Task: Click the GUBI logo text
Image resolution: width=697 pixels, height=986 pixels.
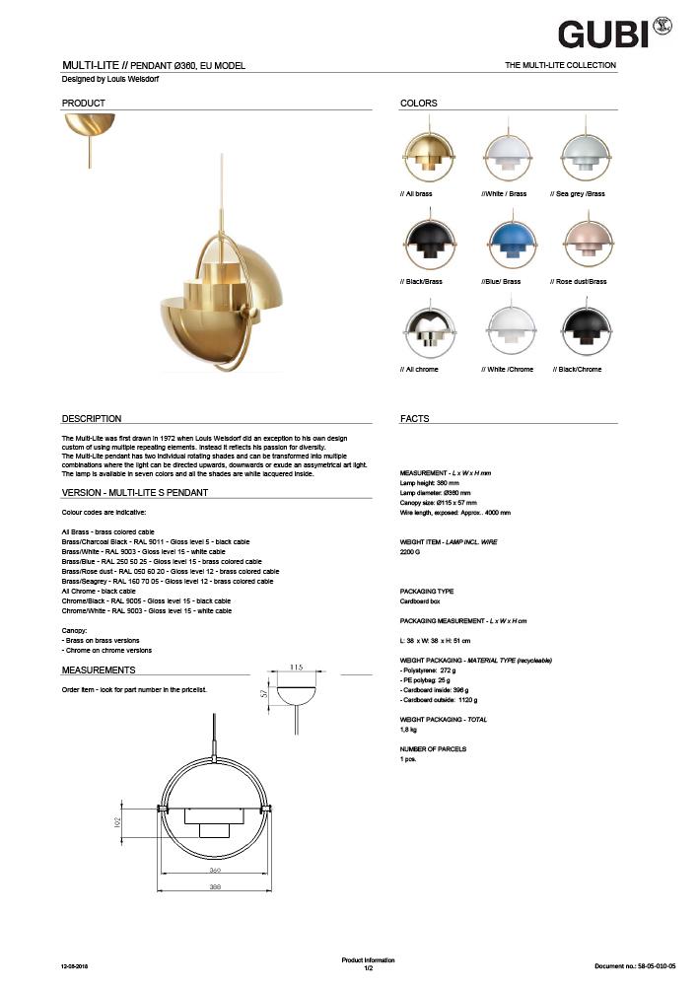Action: (x=602, y=35)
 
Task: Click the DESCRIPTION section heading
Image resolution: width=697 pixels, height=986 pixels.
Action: (x=92, y=419)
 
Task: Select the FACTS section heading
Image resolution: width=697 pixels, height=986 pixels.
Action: (x=415, y=419)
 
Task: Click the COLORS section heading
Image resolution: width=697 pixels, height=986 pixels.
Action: (x=419, y=104)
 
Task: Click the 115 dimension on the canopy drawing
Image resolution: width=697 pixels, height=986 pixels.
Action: (x=297, y=668)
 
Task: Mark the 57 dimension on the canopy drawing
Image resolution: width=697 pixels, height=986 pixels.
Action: (x=264, y=694)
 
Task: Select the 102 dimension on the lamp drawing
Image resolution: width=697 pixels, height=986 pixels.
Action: (x=117, y=820)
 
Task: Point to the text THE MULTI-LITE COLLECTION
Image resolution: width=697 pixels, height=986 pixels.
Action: (x=560, y=65)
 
